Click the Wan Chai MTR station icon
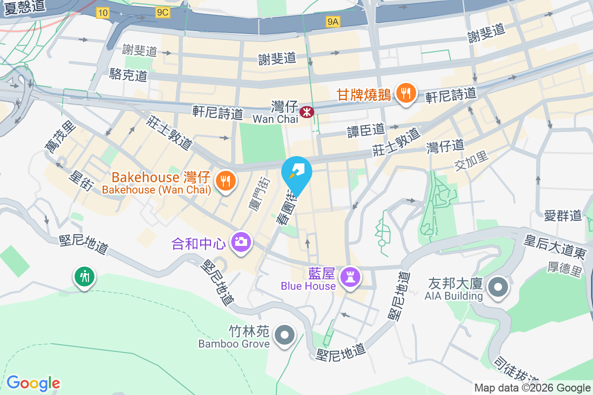click(307, 112)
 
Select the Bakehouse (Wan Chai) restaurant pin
click(225, 181)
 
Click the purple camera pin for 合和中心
click(241, 241)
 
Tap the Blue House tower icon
click(351, 277)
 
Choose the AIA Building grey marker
click(498, 288)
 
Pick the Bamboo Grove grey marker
click(284, 336)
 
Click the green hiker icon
click(85, 276)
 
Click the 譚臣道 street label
click(366, 130)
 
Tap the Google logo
click(33, 383)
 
